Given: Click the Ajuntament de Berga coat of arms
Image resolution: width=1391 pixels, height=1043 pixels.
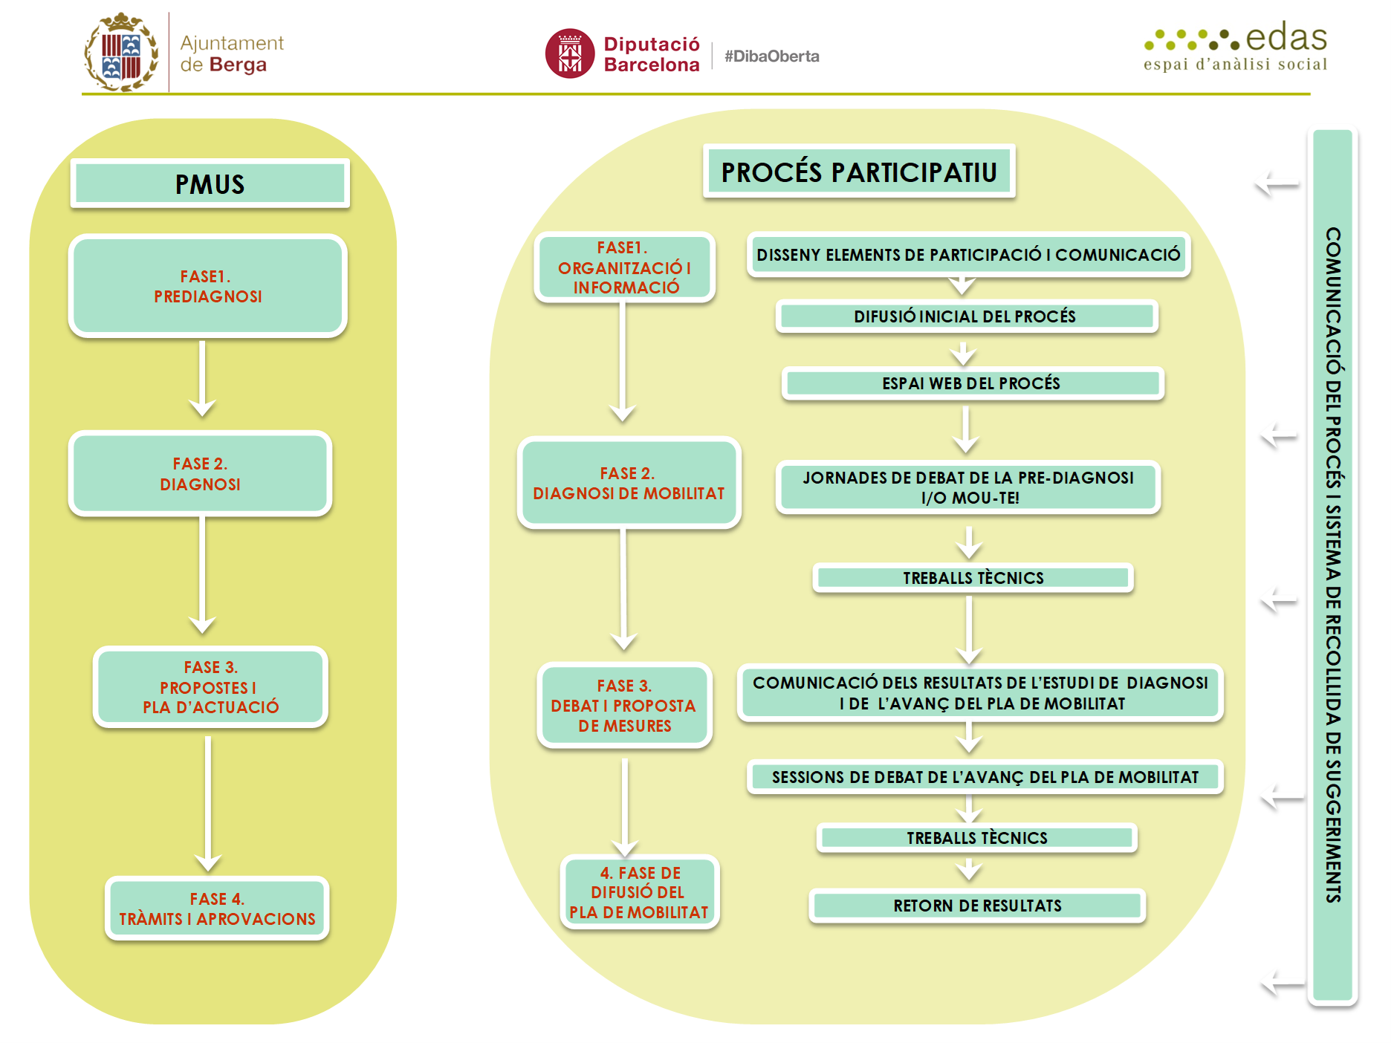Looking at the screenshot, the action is tap(120, 52).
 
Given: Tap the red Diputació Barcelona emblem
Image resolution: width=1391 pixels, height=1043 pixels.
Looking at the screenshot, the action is tap(570, 53).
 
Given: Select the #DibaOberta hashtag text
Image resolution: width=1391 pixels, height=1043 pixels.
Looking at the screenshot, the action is tap(772, 56).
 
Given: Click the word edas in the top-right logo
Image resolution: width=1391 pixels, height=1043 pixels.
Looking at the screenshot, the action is tap(1285, 37).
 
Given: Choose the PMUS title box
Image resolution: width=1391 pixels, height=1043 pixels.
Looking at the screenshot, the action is tap(210, 183).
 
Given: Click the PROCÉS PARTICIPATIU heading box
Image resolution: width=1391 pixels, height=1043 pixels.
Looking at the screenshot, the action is tap(859, 172).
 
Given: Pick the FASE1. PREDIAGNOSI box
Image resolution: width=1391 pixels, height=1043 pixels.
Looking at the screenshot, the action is tap(208, 286).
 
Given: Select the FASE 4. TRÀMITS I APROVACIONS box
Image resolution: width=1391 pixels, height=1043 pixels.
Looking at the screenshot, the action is tap(217, 909).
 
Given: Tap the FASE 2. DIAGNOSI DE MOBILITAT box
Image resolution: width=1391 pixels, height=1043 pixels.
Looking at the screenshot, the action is tap(629, 483).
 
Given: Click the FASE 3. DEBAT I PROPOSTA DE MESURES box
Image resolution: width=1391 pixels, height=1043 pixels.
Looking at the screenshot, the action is tap(624, 705).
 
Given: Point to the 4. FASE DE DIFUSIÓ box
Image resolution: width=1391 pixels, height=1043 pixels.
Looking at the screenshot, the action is tap(639, 892).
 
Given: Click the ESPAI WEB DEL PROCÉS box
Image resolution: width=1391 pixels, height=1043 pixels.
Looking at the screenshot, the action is tap(972, 383).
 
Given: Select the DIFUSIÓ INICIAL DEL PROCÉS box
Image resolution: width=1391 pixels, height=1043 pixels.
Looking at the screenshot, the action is tap(966, 316).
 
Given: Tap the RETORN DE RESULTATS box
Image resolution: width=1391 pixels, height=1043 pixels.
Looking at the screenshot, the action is tap(977, 906).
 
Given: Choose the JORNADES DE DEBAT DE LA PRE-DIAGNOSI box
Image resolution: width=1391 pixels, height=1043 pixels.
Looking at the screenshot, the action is tap(967, 487).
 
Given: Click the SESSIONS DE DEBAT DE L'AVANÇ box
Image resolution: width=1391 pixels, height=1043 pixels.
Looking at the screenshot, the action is tap(985, 777).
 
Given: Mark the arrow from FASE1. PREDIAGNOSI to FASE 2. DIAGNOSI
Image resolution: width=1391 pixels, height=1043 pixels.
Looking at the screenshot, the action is tap(202, 379).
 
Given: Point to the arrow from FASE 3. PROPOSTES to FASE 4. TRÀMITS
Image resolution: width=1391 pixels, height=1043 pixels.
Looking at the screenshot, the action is tap(208, 804).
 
